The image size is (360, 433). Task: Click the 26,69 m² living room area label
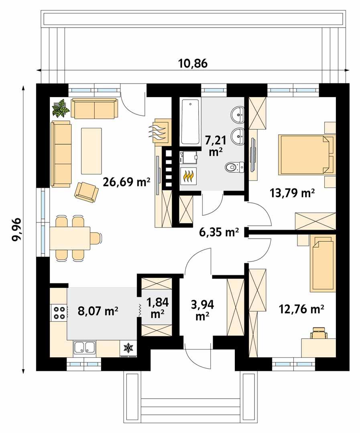pyautogui.click(x=126, y=183)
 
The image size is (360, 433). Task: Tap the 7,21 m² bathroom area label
pyautogui.click(x=216, y=146)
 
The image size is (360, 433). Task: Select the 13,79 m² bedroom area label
pyautogui.click(x=291, y=194)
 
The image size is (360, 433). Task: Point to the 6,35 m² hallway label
pyautogui.click(x=219, y=232)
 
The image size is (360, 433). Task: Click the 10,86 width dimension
pyautogui.click(x=192, y=63)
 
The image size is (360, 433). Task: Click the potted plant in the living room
pyautogui.click(x=61, y=108)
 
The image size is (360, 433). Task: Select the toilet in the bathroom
pyautogui.click(x=234, y=166)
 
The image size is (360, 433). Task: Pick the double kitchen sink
pyautogui.click(x=84, y=348)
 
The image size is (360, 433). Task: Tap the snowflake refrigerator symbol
pyautogui.click(x=128, y=348)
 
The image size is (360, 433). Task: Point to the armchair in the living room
pyautogui.click(x=86, y=191)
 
